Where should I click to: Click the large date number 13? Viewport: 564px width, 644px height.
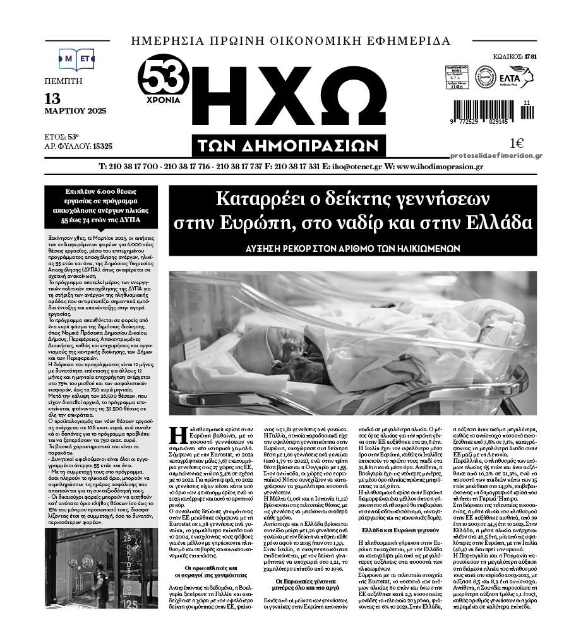(53, 98)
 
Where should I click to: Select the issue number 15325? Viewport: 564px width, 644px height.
(102, 146)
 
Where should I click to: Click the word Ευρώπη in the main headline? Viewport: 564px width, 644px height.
(275, 223)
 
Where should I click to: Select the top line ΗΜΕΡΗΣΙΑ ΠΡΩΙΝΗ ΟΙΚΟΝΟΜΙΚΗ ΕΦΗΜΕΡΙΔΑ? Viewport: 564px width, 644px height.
(291, 42)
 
